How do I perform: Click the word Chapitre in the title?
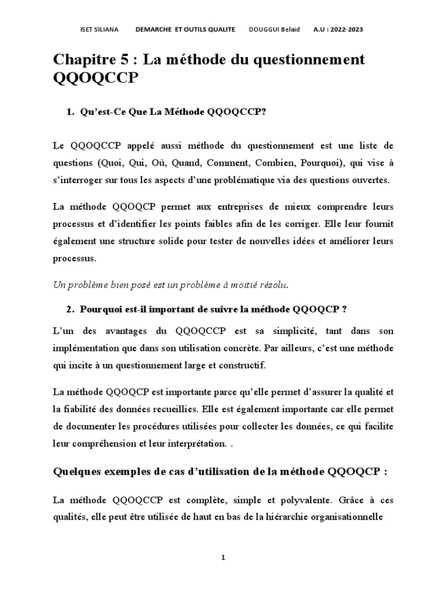click(88, 60)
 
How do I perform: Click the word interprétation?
click(192, 444)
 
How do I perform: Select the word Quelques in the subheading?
click(77, 472)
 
